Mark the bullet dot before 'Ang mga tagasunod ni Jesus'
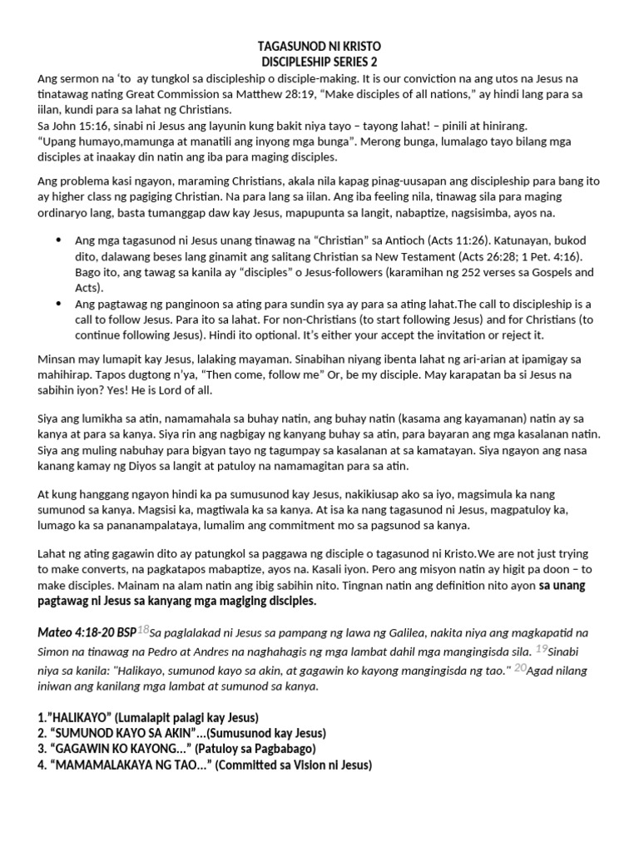pyautogui.click(x=58, y=240)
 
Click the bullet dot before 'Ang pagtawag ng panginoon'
pyautogui.click(x=58, y=304)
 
